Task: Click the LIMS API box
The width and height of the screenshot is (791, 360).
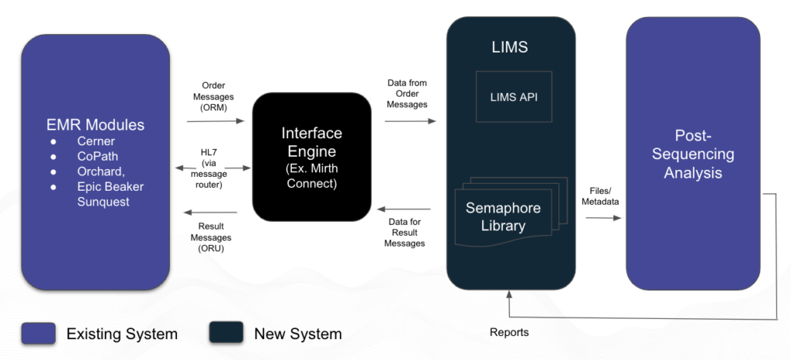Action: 514,97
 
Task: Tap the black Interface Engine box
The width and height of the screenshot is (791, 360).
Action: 311,156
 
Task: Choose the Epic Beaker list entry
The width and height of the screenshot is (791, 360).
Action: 110,186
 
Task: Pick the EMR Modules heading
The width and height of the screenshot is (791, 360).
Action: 95,124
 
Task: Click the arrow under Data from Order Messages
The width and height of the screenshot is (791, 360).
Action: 409,121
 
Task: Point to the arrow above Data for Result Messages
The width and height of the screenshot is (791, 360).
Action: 404,209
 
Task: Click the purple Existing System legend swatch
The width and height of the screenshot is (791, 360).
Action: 38,333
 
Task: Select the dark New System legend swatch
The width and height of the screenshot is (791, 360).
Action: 226,333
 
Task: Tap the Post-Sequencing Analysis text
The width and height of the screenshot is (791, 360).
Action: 693,154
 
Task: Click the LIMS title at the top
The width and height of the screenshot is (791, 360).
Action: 510,48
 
